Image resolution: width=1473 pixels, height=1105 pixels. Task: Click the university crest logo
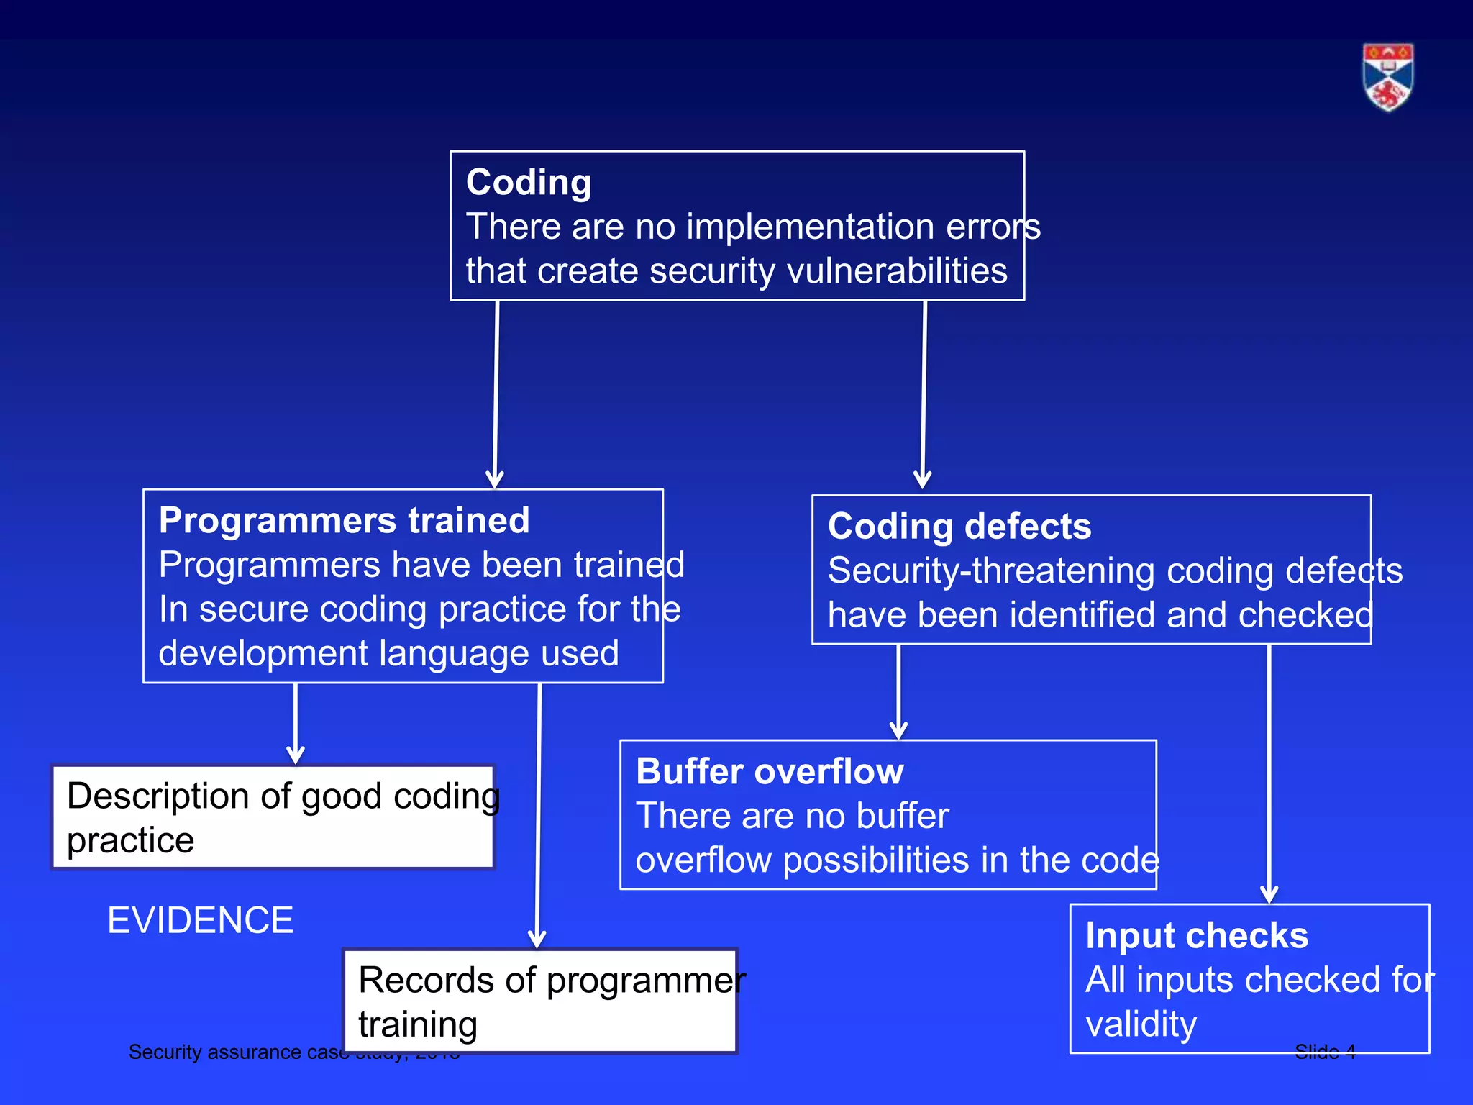click(1387, 77)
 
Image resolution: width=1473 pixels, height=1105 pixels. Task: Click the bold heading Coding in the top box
click(529, 182)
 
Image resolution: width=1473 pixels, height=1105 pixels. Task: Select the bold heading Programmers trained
click(344, 520)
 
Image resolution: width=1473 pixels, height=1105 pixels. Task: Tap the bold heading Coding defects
click(959, 526)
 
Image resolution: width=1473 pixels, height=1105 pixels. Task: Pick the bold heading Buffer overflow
click(770, 771)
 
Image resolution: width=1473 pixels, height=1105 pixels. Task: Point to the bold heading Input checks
click(1197, 935)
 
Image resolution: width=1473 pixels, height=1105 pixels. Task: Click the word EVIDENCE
click(200, 920)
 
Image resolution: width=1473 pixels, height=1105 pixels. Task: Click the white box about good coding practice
click(273, 817)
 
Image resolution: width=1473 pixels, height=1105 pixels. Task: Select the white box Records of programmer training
click(540, 1001)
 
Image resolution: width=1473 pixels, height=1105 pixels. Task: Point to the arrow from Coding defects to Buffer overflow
click(898, 691)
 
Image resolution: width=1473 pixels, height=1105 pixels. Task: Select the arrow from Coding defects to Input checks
click(1269, 773)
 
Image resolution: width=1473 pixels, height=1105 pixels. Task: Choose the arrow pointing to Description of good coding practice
click(296, 723)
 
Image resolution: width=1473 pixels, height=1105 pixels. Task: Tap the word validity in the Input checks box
click(1141, 1024)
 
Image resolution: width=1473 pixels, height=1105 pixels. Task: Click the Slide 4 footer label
click(1325, 1052)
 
